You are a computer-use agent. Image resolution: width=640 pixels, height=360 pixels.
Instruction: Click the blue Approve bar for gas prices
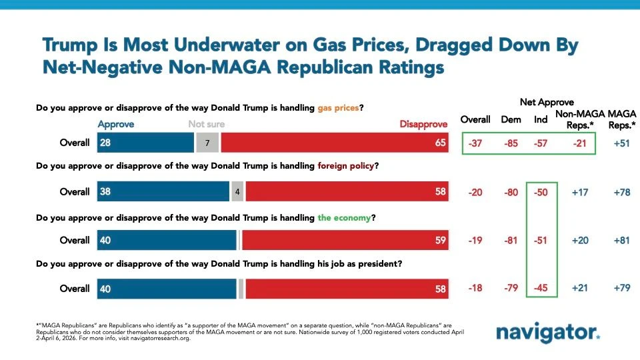click(x=145, y=143)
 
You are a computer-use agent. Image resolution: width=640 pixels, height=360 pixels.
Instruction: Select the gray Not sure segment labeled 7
click(x=207, y=143)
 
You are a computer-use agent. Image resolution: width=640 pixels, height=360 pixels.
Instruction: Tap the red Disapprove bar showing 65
click(x=335, y=143)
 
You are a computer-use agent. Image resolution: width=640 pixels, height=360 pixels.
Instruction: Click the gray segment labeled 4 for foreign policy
click(x=237, y=191)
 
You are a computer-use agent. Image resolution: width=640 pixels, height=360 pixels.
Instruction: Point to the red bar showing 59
click(x=345, y=240)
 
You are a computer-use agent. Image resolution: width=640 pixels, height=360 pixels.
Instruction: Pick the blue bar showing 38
click(x=163, y=191)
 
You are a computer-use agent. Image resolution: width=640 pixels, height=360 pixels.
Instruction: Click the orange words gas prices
click(x=338, y=108)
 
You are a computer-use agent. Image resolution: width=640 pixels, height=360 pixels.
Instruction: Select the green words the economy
click(x=344, y=218)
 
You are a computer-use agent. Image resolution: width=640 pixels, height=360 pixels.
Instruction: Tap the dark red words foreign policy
click(x=346, y=166)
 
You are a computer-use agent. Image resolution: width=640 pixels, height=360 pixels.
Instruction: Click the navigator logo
click(x=548, y=332)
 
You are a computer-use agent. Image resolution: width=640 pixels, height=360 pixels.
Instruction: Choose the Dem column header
click(x=511, y=119)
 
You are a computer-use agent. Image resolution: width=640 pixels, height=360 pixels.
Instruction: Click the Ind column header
click(x=541, y=119)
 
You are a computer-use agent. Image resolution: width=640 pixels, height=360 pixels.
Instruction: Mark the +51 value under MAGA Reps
click(x=621, y=143)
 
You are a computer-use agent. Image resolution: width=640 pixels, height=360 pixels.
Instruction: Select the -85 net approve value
click(x=511, y=143)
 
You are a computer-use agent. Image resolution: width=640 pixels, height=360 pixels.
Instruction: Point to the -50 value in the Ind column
click(x=541, y=192)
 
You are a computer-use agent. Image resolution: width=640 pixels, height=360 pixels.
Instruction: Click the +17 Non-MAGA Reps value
click(x=580, y=192)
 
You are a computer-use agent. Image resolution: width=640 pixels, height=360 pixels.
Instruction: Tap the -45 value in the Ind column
click(x=541, y=288)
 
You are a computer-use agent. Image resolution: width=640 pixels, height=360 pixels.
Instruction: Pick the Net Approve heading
click(x=547, y=102)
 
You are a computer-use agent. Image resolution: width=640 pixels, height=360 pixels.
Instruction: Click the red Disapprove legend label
click(x=423, y=124)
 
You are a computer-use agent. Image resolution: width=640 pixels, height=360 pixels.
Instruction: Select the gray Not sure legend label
click(x=207, y=124)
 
